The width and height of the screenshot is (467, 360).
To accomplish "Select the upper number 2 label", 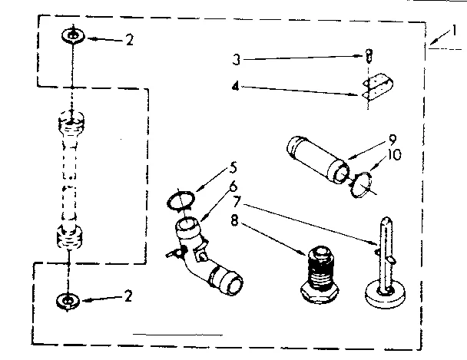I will point(128,40).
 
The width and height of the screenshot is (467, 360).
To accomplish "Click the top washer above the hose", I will point(71,36).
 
